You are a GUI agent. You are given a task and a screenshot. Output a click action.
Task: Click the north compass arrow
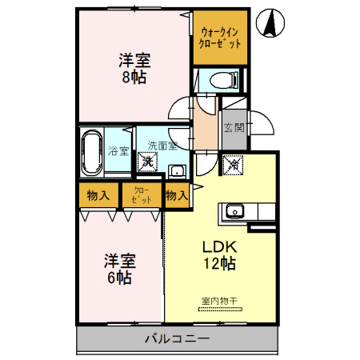273,24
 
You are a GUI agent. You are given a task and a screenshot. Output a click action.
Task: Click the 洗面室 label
162,146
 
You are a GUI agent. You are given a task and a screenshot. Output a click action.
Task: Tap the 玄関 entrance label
233,128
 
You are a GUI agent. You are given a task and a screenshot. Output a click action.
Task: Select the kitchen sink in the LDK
234,211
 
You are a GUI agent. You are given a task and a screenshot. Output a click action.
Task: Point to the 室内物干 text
219,300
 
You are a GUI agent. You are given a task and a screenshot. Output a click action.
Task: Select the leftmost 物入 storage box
99,195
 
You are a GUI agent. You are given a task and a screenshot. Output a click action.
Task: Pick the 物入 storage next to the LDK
176,195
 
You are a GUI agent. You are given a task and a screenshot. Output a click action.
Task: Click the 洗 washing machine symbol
147,162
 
